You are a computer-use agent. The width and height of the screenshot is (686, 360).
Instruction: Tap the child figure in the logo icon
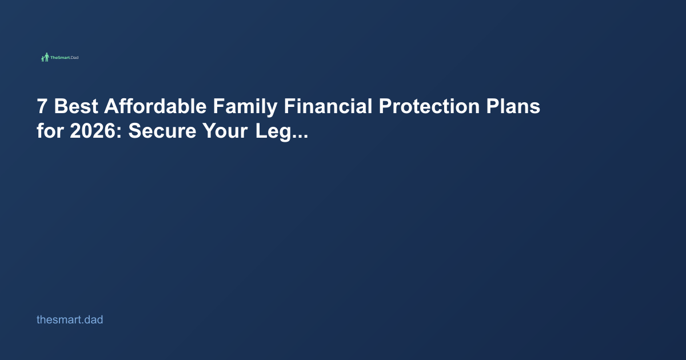42,59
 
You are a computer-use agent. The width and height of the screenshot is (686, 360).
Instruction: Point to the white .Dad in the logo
74,58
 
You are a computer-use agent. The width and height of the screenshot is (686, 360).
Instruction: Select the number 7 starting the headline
42,107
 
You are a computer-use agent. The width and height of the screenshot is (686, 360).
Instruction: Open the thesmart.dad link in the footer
70,320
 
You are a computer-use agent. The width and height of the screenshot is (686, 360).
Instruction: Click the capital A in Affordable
111,107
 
